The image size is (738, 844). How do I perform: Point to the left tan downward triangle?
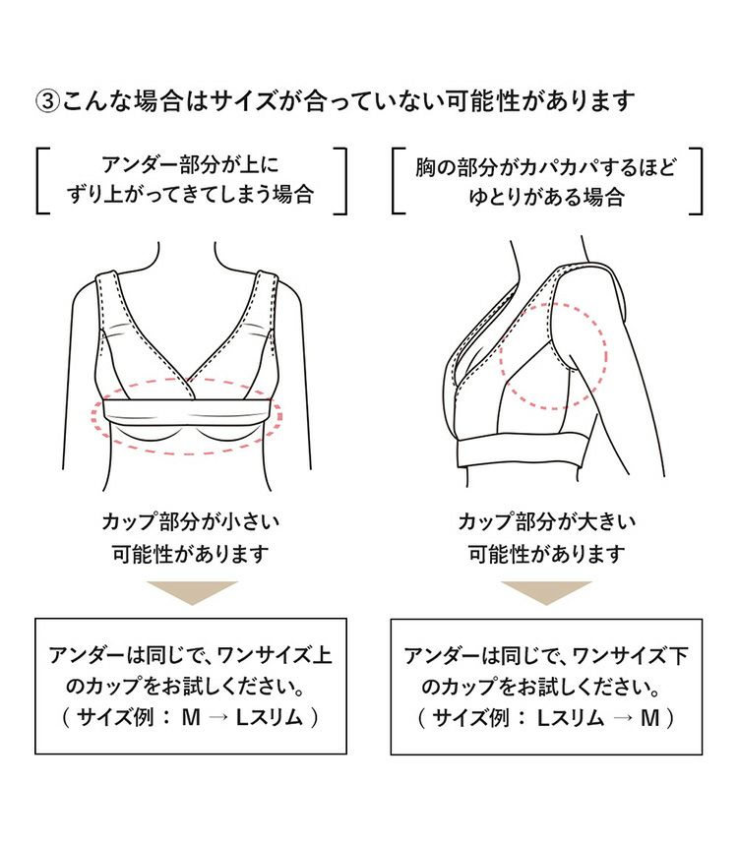pos(191,592)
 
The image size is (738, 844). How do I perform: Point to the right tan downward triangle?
pos(546,592)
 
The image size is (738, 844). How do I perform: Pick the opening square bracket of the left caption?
pos(42,180)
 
